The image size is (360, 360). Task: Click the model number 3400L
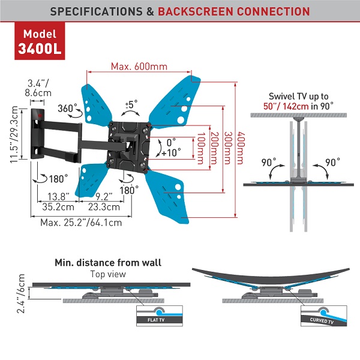[40, 47]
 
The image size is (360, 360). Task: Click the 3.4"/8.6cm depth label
[36, 89]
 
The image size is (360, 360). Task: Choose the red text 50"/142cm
[293, 106]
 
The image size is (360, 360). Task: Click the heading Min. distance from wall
[107, 263]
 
